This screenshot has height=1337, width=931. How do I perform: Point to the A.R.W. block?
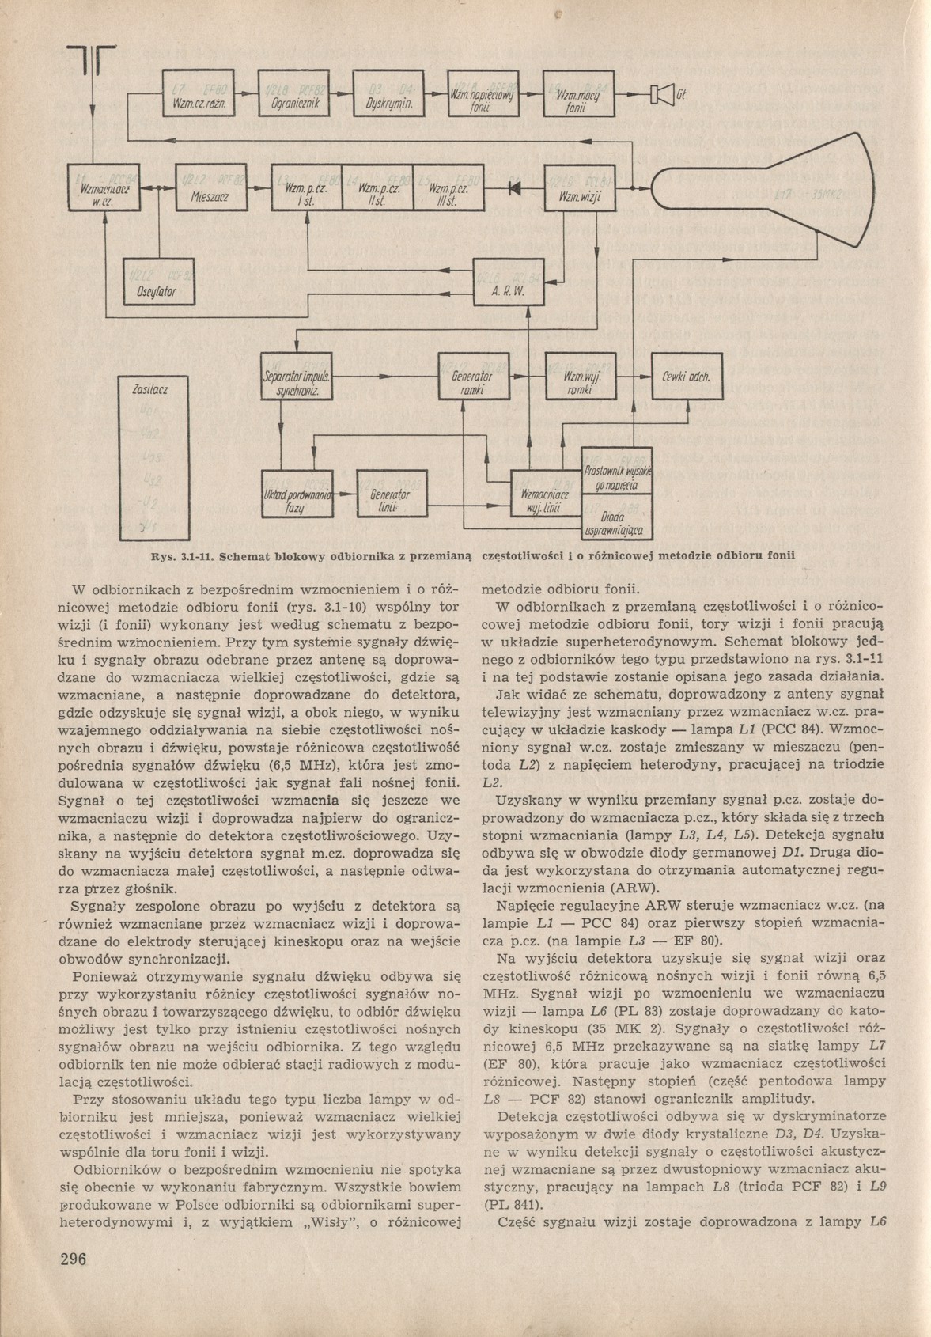509,282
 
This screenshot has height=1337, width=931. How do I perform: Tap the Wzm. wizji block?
579,187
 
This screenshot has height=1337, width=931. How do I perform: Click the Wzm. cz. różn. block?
196,94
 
